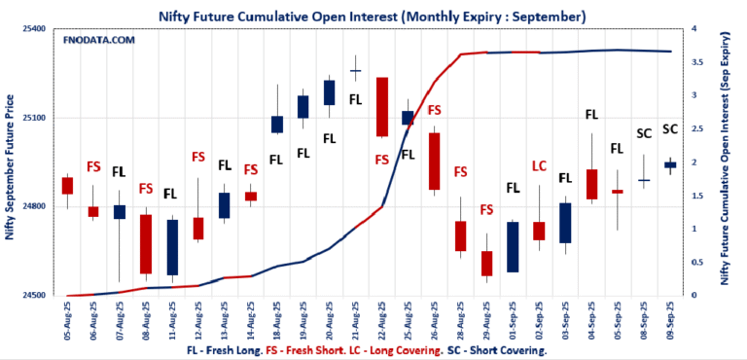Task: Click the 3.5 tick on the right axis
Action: (694, 62)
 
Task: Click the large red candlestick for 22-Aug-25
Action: (382, 107)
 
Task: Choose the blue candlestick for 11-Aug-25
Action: (172, 247)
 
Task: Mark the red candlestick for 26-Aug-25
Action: (434, 161)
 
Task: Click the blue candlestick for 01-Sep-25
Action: (513, 247)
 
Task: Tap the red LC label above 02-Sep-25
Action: (539, 166)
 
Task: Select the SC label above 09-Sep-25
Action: (670, 128)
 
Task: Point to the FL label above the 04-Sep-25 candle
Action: (591, 115)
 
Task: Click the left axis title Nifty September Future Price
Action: (11, 165)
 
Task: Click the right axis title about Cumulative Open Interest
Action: (725, 165)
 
